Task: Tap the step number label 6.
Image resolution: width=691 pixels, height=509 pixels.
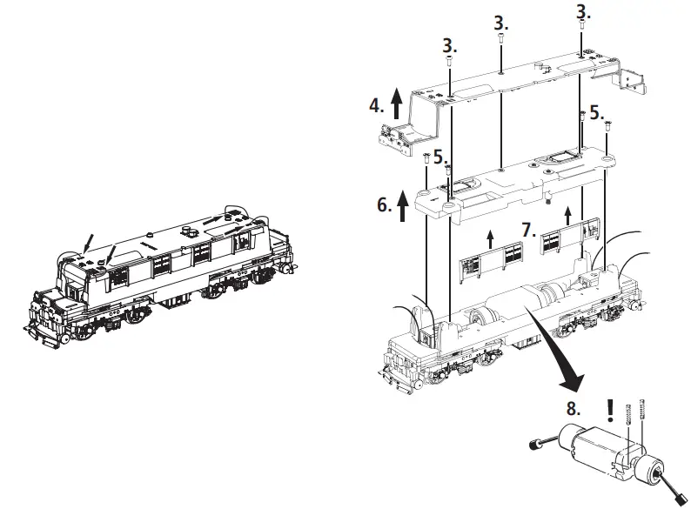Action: (383, 205)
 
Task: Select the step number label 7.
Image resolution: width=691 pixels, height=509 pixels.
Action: (527, 230)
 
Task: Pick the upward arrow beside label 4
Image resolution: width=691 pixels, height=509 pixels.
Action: (397, 104)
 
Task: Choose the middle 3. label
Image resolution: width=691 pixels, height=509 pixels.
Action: (500, 21)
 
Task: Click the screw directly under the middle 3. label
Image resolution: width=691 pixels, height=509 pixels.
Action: (501, 38)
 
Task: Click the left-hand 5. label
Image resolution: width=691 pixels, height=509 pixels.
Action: (440, 157)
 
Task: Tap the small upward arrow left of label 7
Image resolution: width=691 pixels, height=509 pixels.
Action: (490, 237)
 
